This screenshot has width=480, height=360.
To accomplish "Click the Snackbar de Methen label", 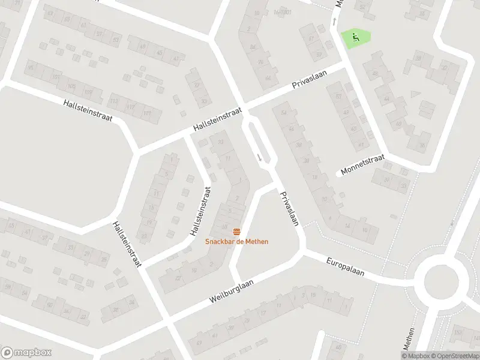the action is (236, 242).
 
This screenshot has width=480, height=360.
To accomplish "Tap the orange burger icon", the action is (236, 232).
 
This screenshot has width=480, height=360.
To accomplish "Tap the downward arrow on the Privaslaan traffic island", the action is (259, 157).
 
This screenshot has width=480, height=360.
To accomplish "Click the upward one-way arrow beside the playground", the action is (334, 23).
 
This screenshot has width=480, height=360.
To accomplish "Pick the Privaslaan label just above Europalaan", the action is (289, 208).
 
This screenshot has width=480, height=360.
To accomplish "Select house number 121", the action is (147, 113).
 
